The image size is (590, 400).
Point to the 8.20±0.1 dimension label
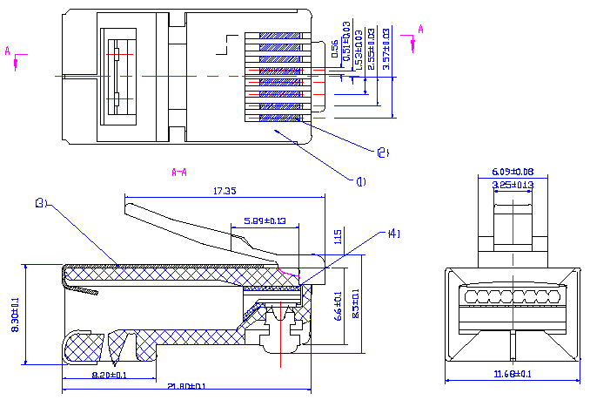pos(110,375)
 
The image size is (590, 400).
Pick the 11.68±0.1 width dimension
pos(512,374)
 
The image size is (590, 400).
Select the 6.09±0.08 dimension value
pos(513,172)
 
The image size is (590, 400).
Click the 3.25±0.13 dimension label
pos(513,185)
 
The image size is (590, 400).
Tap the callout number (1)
pos(360,181)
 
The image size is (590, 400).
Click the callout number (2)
pos(382,153)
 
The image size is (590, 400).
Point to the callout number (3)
pos(40,203)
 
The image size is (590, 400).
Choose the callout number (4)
pos(393,234)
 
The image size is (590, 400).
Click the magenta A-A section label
pos(179,172)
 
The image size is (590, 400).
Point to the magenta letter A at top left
pos(8,51)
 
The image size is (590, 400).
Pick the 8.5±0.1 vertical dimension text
pos(354,305)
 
